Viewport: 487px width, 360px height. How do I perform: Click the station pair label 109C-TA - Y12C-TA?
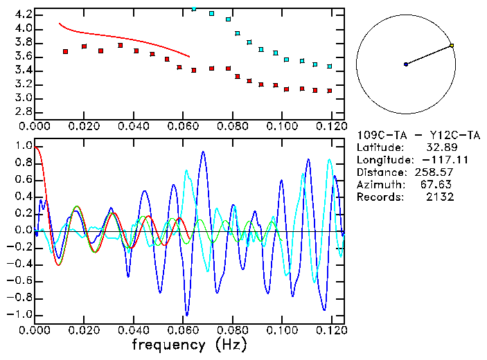click(x=418, y=135)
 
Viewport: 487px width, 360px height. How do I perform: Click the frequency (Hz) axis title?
click(x=191, y=344)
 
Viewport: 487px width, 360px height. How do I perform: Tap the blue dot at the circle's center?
click(x=406, y=64)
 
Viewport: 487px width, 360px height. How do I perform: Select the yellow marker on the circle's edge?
click(x=452, y=46)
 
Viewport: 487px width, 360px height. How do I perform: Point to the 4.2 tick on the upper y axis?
click(x=23, y=15)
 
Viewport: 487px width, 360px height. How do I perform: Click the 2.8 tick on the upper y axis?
click(x=23, y=111)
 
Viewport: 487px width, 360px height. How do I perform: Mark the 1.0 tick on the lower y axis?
click(x=23, y=147)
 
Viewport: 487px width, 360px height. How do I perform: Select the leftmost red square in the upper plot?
click(x=65, y=51)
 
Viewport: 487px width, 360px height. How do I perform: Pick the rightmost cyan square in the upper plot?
click(x=330, y=66)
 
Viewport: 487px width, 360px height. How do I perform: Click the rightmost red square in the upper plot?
click(x=330, y=91)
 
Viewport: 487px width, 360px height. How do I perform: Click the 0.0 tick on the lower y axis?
click(x=23, y=231)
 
